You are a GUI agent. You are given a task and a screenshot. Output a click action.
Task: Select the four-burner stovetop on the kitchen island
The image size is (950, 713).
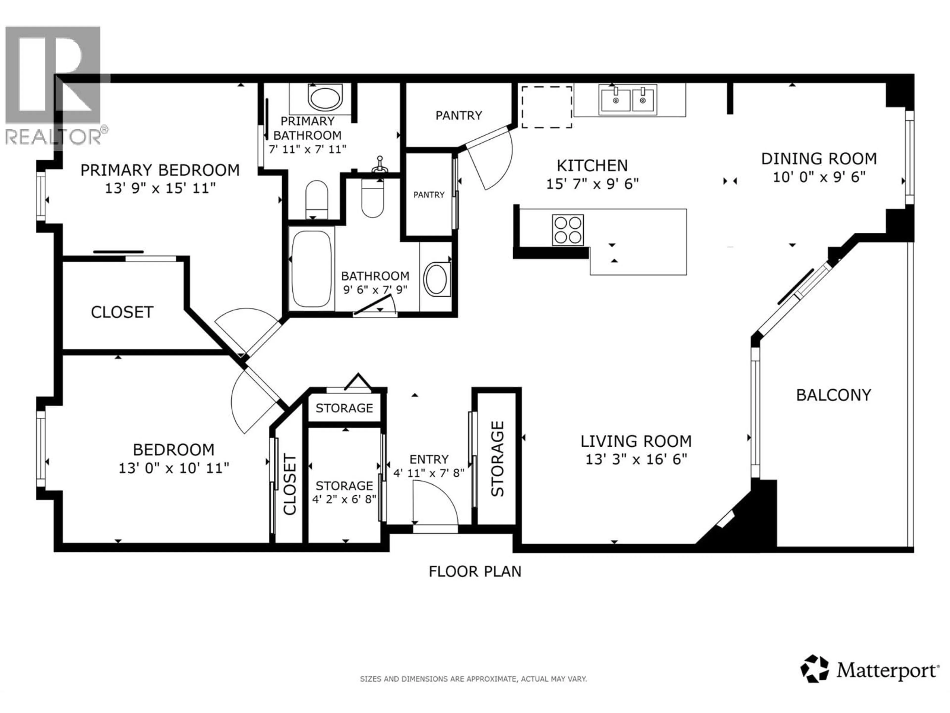[568, 230]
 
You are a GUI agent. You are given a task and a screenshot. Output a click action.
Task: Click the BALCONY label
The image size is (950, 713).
[833, 395]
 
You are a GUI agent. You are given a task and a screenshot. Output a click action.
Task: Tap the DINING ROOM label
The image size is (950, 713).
[819, 159]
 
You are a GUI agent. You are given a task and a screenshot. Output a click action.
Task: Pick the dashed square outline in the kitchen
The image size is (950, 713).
[547, 107]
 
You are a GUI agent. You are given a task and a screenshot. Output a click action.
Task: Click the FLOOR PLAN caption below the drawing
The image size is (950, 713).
[475, 572]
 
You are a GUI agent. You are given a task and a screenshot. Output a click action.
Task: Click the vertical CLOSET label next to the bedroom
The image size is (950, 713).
[290, 484]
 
